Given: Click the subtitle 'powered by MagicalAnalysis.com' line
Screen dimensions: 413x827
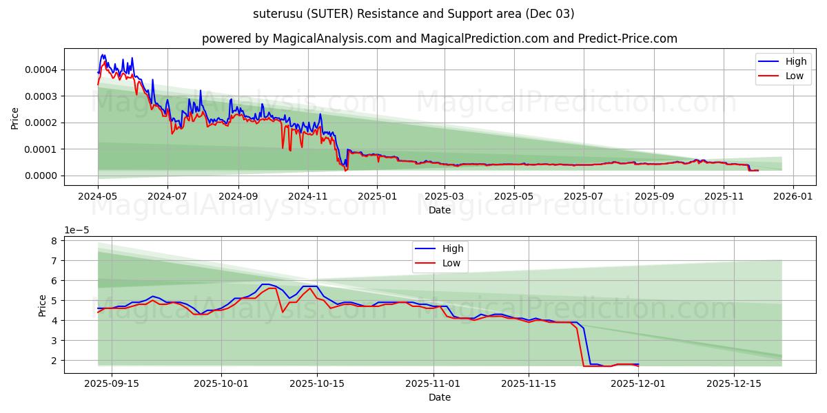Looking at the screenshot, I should pyautogui.click(x=440, y=39).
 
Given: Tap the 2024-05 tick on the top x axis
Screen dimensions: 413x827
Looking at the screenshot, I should pyautogui.click(x=98, y=196).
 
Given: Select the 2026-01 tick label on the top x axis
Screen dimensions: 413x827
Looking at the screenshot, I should pyautogui.click(x=793, y=196).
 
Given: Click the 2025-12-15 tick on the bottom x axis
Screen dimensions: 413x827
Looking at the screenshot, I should pyautogui.click(x=735, y=383).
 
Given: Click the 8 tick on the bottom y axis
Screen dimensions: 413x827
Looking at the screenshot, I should pyautogui.click(x=52, y=241).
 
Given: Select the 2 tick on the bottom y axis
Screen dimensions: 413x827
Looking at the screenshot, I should pyautogui.click(x=52, y=361).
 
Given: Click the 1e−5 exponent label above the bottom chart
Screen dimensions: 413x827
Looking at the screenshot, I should pyautogui.click(x=77, y=230).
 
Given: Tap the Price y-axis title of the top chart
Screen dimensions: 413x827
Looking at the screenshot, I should pyautogui.click(x=15, y=117).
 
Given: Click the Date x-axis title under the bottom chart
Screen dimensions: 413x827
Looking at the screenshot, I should pyautogui.click(x=440, y=397).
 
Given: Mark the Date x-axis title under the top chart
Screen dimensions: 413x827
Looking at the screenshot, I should pyautogui.click(x=440, y=210).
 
